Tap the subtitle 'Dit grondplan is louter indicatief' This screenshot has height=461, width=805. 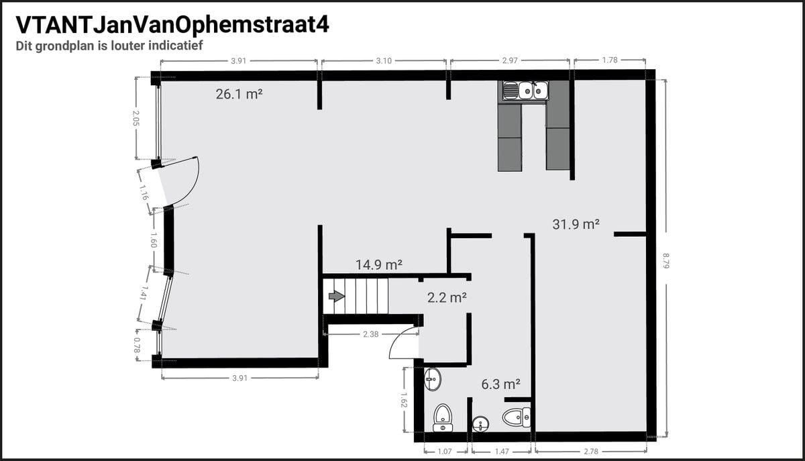[109, 46]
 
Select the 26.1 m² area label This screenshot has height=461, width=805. [239, 94]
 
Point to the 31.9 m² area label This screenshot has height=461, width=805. [576, 224]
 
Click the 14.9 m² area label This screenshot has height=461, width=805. [379, 265]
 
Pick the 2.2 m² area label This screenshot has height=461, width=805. [447, 298]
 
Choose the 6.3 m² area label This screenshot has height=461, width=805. [500, 385]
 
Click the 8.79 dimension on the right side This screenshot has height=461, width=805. [666, 261]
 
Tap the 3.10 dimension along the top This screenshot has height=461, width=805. [384, 61]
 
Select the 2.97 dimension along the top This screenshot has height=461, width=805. [510, 60]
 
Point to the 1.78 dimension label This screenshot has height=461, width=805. [610, 60]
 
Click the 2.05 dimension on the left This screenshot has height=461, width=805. [136, 118]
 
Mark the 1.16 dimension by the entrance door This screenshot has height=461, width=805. [144, 193]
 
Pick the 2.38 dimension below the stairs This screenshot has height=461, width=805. [370, 334]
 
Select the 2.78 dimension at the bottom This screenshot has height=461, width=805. [591, 452]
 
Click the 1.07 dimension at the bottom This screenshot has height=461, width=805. [445, 452]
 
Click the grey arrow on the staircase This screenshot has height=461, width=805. [337, 297]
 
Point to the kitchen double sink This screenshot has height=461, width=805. [533, 90]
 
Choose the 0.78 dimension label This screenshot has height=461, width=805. [137, 345]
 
